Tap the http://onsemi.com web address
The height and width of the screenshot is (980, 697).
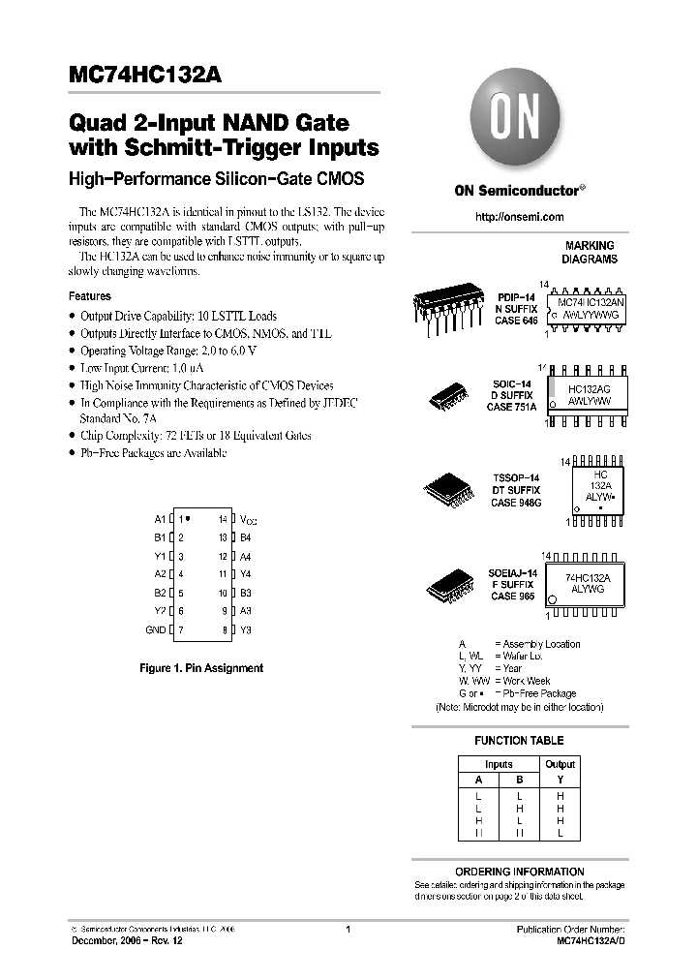(519, 217)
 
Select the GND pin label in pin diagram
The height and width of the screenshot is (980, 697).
(156, 630)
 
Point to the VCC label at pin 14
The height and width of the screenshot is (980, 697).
(248, 520)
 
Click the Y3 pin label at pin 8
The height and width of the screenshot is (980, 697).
(246, 630)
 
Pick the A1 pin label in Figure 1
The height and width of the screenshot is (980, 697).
(160, 519)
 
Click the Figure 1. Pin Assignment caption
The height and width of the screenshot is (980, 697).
(201, 668)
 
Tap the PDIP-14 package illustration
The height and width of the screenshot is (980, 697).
(449, 309)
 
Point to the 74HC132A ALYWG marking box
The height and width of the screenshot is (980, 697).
(594, 583)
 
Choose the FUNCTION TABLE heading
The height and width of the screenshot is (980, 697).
(519, 741)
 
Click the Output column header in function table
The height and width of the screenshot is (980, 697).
(560, 764)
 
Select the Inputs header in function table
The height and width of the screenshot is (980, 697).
(499, 764)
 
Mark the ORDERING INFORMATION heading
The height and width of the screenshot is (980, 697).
(519, 872)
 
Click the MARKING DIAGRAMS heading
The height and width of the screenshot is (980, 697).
(590, 253)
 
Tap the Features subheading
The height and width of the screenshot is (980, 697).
(89, 296)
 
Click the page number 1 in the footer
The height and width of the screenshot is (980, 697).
(348, 929)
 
